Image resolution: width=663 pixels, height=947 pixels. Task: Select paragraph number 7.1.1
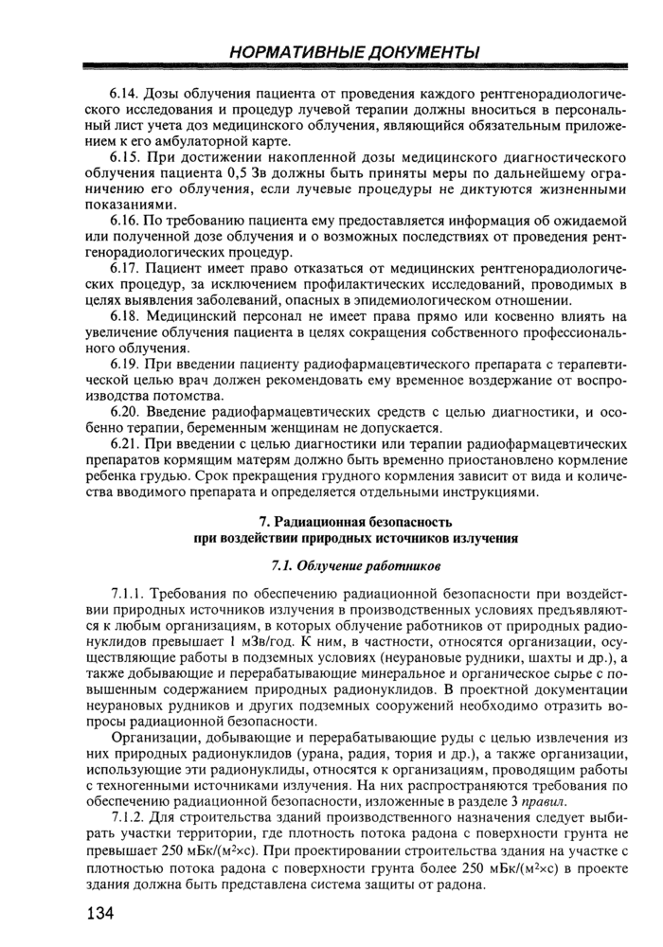[130, 594]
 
